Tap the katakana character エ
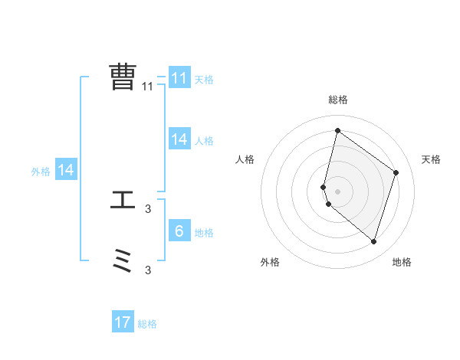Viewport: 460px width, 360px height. (123, 201)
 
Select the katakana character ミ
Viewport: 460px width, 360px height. (123, 262)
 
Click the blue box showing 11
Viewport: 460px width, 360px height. (179, 78)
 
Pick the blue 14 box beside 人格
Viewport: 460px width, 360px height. (179, 139)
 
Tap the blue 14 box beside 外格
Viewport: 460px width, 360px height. (66, 171)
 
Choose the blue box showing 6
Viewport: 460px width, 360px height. (179, 231)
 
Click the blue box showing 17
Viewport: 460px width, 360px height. (123, 322)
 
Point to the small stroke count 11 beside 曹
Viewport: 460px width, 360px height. (148, 87)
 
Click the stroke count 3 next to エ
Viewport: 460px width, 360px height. (148, 208)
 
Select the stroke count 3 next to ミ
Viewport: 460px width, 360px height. (148, 270)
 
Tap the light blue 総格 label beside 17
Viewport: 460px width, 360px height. (147, 324)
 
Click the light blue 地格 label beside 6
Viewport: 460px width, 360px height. (204, 233)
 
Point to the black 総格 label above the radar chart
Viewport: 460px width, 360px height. (338, 100)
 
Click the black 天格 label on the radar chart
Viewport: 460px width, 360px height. (432, 159)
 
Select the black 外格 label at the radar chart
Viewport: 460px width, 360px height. (270, 262)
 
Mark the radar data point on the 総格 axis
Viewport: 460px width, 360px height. (337, 130)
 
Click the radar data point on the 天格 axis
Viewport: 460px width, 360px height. (396, 172)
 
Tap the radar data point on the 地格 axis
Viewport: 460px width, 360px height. (373, 241)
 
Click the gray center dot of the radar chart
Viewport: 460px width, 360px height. (337, 191)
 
